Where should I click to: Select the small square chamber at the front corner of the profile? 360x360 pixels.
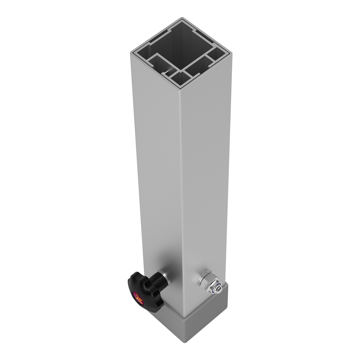181,79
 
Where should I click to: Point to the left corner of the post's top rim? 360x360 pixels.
131,53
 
